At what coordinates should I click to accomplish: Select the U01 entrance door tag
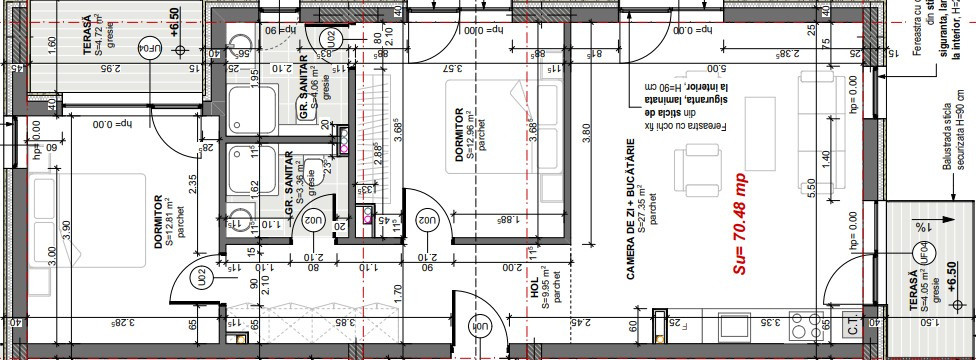point(481,327)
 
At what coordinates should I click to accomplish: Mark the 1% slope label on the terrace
point(920,228)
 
